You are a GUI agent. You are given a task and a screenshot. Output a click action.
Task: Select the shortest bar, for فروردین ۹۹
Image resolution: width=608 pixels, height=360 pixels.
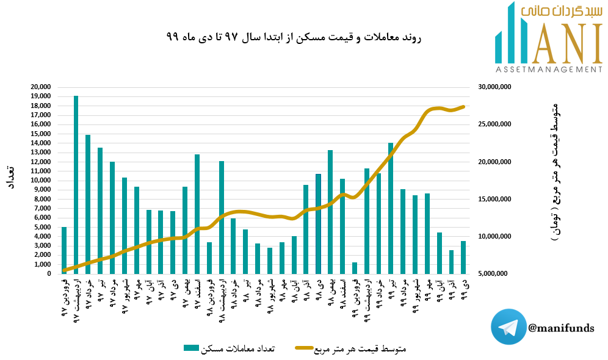354,268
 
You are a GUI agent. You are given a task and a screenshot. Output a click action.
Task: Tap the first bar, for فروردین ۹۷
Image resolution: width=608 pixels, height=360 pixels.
64,250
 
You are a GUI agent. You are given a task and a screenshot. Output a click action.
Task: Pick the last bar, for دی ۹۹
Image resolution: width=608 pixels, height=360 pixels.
463,257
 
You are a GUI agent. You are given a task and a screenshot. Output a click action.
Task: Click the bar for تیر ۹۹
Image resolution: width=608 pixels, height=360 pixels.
391,208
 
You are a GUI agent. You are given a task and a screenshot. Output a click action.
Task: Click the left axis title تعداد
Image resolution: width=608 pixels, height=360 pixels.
10,177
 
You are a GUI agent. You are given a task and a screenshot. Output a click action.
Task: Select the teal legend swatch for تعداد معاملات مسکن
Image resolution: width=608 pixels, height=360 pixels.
192,348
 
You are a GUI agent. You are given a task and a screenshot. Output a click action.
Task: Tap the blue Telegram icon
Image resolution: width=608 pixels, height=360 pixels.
508,327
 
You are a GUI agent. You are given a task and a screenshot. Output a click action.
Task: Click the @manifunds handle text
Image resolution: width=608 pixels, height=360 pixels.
561,328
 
